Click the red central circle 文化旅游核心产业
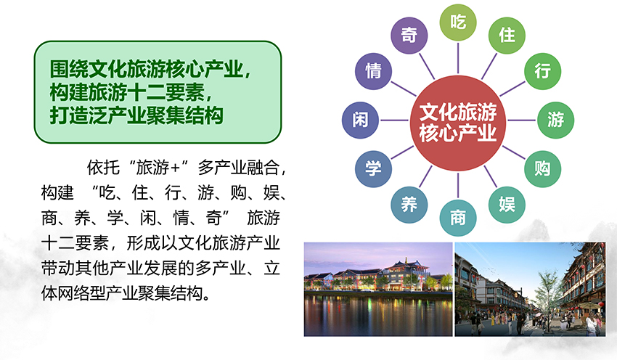coord(457,123)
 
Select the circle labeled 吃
coord(457,22)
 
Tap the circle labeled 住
coord(507,36)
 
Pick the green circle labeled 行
coord(543,71)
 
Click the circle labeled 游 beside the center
coord(555,120)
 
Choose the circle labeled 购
coord(543,169)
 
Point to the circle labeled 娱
coord(507,205)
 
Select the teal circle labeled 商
coord(457,218)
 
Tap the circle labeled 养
coord(409,205)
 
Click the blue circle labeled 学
coord(373,169)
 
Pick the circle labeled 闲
coord(360,120)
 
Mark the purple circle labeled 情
coord(373,71)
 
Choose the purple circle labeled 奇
coord(409,36)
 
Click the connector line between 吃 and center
coord(457,58)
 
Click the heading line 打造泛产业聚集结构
coord(136,115)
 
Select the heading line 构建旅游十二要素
coord(131,93)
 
